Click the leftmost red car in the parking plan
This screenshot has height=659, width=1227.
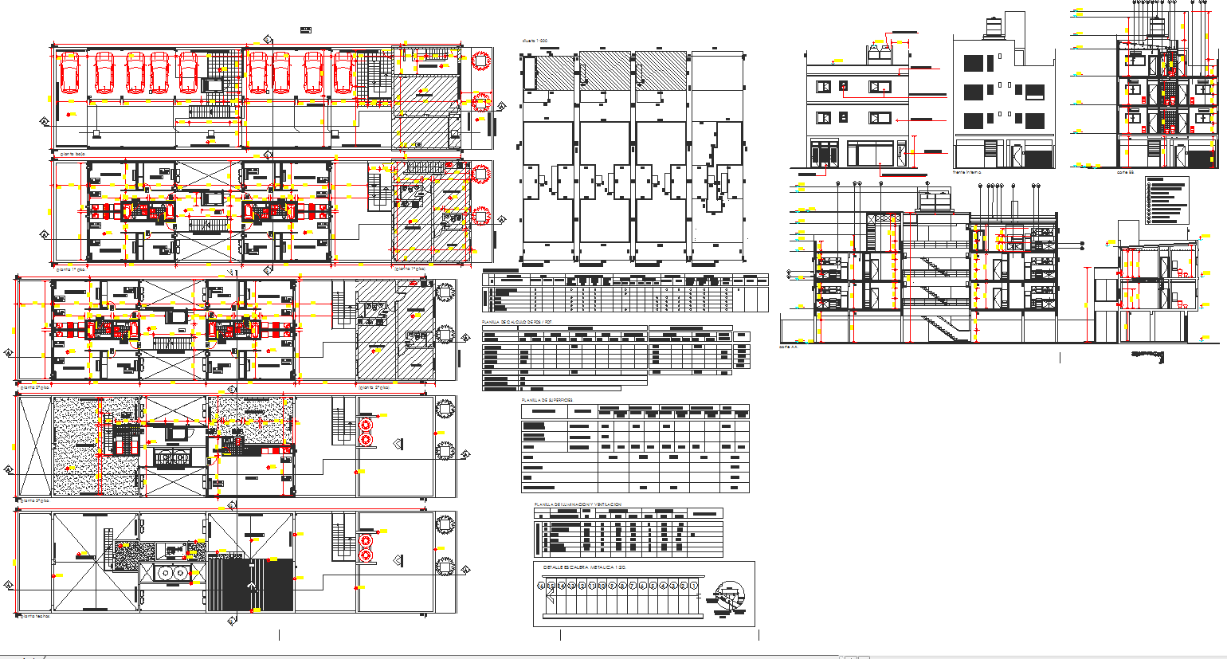(69, 73)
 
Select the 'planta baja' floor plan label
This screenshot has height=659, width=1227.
(73, 154)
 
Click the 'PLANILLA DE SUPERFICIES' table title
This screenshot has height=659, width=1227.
(547, 400)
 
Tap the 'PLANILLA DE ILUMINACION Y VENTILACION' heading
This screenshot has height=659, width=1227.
(578, 504)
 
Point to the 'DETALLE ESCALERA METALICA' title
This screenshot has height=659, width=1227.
(584, 567)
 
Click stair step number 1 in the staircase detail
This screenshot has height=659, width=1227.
(694, 586)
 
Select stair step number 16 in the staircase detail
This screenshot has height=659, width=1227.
(542, 586)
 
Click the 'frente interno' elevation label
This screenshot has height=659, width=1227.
(967, 172)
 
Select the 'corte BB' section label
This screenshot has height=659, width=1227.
(1125, 171)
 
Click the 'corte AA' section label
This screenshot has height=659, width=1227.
(788, 347)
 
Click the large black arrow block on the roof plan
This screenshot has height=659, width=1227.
(251, 584)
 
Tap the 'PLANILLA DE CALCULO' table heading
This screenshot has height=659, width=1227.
(516, 322)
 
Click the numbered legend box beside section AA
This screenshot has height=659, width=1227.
(1166, 200)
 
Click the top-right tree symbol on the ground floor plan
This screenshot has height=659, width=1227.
(480, 61)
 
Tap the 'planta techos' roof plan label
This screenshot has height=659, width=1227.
(36, 616)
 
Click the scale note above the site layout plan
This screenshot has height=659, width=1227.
(535, 40)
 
